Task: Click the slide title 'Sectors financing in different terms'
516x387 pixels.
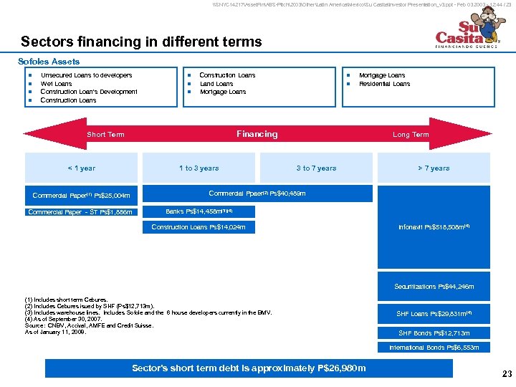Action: point(141,42)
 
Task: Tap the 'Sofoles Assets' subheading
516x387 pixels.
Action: point(49,62)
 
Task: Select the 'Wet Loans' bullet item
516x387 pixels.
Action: point(57,83)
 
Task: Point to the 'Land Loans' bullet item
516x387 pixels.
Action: point(216,83)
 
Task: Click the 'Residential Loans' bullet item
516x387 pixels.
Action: point(385,83)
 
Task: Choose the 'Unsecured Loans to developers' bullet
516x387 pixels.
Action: point(86,75)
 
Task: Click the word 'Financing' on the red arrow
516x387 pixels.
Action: point(257,134)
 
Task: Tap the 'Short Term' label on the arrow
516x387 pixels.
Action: point(105,135)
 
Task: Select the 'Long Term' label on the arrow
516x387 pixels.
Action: point(411,135)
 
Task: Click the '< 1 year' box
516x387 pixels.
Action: point(81,168)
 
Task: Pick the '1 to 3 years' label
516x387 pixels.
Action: point(199,168)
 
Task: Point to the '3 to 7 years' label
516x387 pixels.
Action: point(316,168)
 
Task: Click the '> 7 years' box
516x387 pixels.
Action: point(434,168)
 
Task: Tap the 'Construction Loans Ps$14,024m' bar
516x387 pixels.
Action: point(199,227)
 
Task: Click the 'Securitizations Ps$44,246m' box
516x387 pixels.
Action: point(434,287)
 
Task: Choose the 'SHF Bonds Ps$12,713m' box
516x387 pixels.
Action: point(434,333)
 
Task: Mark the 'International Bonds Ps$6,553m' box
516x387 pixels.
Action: point(434,348)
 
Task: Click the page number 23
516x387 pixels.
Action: point(507,373)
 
